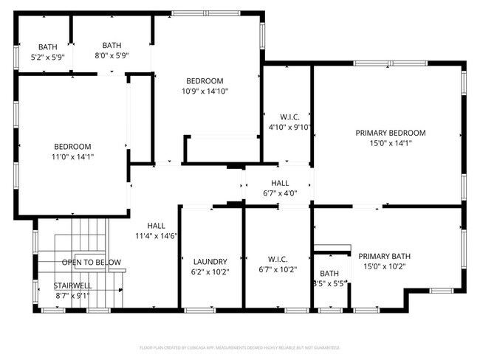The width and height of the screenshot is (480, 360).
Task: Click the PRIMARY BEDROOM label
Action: pyautogui.click(x=390, y=133)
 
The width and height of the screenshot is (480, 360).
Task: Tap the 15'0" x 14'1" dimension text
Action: pyautogui.click(x=390, y=143)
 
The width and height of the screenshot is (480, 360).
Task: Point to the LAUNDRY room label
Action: pyautogui.click(x=210, y=261)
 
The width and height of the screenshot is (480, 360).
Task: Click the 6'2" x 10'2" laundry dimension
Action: pyautogui.click(x=210, y=271)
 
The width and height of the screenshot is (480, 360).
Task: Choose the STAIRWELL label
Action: pyautogui.click(x=72, y=285)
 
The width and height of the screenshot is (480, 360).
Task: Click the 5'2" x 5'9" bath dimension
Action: pyautogui.click(x=48, y=56)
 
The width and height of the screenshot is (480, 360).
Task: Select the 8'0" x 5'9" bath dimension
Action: pyautogui.click(x=112, y=56)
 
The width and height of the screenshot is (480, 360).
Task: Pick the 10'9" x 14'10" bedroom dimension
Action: pyautogui.click(x=205, y=91)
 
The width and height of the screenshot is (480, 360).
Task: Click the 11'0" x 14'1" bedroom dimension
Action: pyautogui.click(x=72, y=156)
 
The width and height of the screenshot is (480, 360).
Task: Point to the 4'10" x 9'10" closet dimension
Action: pyautogui.click(x=289, y=127)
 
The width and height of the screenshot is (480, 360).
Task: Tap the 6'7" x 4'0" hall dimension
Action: pyautogui.click(x=280, y=193)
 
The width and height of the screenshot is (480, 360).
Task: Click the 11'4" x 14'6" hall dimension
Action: pyautogui.click(x=156, y=236)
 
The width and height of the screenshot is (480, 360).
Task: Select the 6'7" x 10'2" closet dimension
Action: pyautogui.click(x=277, y=270)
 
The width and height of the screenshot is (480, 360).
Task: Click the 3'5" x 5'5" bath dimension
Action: pyautogui.click(x=329, y=283)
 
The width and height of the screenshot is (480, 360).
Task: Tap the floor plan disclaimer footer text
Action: pyautogui.click(x=239, y=347)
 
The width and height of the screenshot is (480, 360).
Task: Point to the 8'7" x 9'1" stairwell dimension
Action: pyautogui.click(x=72, y=296)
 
